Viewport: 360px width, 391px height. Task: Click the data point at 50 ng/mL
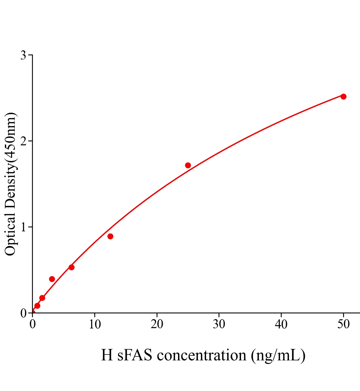(x=343, y=96)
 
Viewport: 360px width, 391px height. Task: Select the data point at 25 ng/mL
(x=188, y=165)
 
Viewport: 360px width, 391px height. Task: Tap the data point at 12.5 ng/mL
(x=110, y=236)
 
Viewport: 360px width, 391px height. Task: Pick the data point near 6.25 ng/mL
(x=71, y=267)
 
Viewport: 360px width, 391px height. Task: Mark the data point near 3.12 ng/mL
(x=52, y=279)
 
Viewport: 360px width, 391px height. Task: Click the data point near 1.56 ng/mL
(x=42, y=298)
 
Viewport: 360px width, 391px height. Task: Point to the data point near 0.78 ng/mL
(x=37, y=306)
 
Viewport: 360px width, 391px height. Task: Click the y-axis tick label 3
(x=23, y=55)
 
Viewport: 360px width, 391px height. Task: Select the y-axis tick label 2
(x=23, y=141)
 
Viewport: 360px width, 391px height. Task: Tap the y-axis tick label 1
(x=23, y=227)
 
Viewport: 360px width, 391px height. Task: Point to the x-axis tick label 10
(x=95, y=324)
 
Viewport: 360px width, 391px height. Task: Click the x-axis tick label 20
(x=157, y=324)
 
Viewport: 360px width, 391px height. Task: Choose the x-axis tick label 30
(x=219, y=324)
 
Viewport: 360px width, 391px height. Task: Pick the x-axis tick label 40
(x=281, y=324)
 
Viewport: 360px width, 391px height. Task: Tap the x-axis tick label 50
(x=343, y=324)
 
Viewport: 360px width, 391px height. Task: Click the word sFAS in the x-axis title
(x=134, y=355)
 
